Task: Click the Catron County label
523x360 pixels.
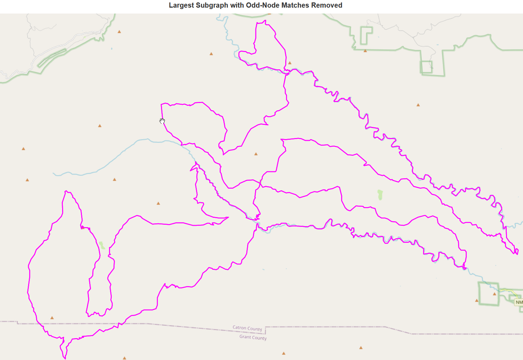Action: [x=247, y=328]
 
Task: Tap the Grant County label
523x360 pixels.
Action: [x=253, y=337]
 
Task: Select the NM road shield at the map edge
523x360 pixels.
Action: [x=519, y=302]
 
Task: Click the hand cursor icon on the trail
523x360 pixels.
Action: [x=162, y=121]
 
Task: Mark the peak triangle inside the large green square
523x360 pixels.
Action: [x=495, y=294]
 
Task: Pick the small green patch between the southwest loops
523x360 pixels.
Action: [x=102, y=246]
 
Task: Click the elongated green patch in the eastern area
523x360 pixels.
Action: [x=380, y=195]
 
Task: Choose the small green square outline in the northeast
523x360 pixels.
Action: [x=427, y=67]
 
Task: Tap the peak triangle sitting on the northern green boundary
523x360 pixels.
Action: [x=365, y=51]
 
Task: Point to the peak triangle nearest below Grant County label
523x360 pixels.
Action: [x=284, y=353]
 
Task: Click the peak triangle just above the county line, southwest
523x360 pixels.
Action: [x=52, y=318]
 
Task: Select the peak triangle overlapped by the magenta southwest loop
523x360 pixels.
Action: [x=83, y=228]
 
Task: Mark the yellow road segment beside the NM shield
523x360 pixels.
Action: [x=507, y=290]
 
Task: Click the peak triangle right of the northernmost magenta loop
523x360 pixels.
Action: [x=290, y=63]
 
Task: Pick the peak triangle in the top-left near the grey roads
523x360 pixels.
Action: [x=119, y=32]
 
